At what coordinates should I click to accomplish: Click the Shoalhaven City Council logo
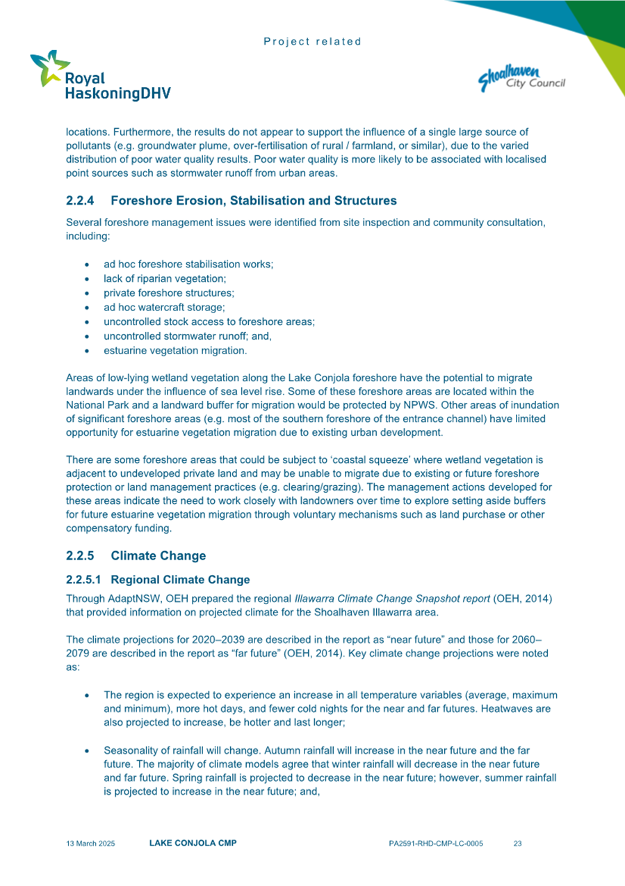521,77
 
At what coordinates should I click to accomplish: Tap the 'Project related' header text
312,41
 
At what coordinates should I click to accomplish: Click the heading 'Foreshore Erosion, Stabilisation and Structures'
253,200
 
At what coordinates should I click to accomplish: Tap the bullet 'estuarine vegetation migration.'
174,350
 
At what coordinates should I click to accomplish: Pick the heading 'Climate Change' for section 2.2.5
158,555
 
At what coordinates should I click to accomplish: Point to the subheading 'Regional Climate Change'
180,579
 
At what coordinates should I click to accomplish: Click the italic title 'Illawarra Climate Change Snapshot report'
391,598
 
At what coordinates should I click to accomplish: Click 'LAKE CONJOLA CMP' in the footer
193,843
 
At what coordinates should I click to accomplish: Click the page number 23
517,844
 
